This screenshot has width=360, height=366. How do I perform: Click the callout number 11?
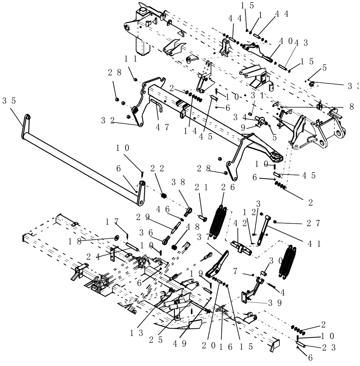[130, 58]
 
